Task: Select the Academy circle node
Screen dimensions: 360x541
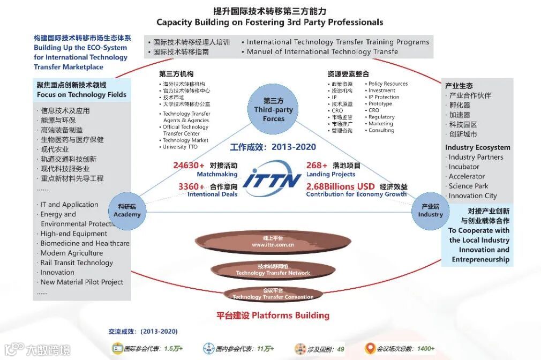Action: point(127,210)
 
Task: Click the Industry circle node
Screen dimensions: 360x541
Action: point(431,210)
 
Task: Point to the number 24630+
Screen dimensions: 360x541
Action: point(189,166)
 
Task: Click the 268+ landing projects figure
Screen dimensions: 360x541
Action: point(317,166)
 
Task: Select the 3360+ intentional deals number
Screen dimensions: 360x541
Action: point(191,186)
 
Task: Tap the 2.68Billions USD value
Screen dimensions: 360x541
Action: point(340,186)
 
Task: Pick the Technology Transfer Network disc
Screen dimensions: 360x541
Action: point(273,269)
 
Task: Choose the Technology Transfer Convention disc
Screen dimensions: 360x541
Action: point(273,294)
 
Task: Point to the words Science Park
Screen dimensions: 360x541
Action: point(469,186)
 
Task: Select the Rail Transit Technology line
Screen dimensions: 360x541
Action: point(77,262)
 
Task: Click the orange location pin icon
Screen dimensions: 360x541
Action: point(370,349)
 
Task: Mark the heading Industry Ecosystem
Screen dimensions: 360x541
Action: point(477,147)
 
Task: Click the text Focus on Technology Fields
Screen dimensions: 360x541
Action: point(81,94)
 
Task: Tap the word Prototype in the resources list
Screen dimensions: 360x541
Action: point(380,104)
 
